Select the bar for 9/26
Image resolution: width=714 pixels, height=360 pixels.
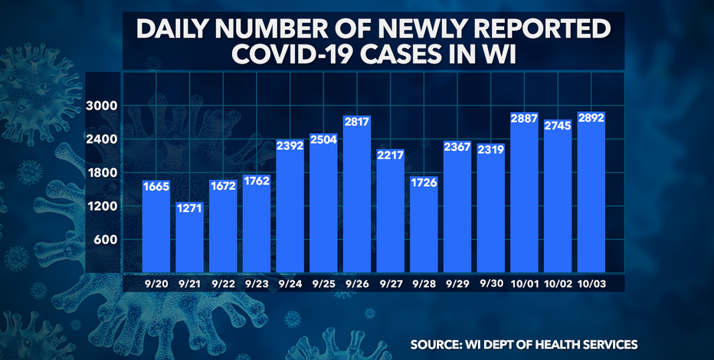click(x=357, y=199)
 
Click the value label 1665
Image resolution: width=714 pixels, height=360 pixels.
click(x=156, y=187)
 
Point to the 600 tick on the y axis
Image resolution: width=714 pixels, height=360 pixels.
click(x=106, y=240)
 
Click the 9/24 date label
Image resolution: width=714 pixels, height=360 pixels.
click(x=290, y=283)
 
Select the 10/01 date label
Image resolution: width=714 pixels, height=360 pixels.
click(x=524, y=283)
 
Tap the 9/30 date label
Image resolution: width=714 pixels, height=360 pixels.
click(x=490, y=283)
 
